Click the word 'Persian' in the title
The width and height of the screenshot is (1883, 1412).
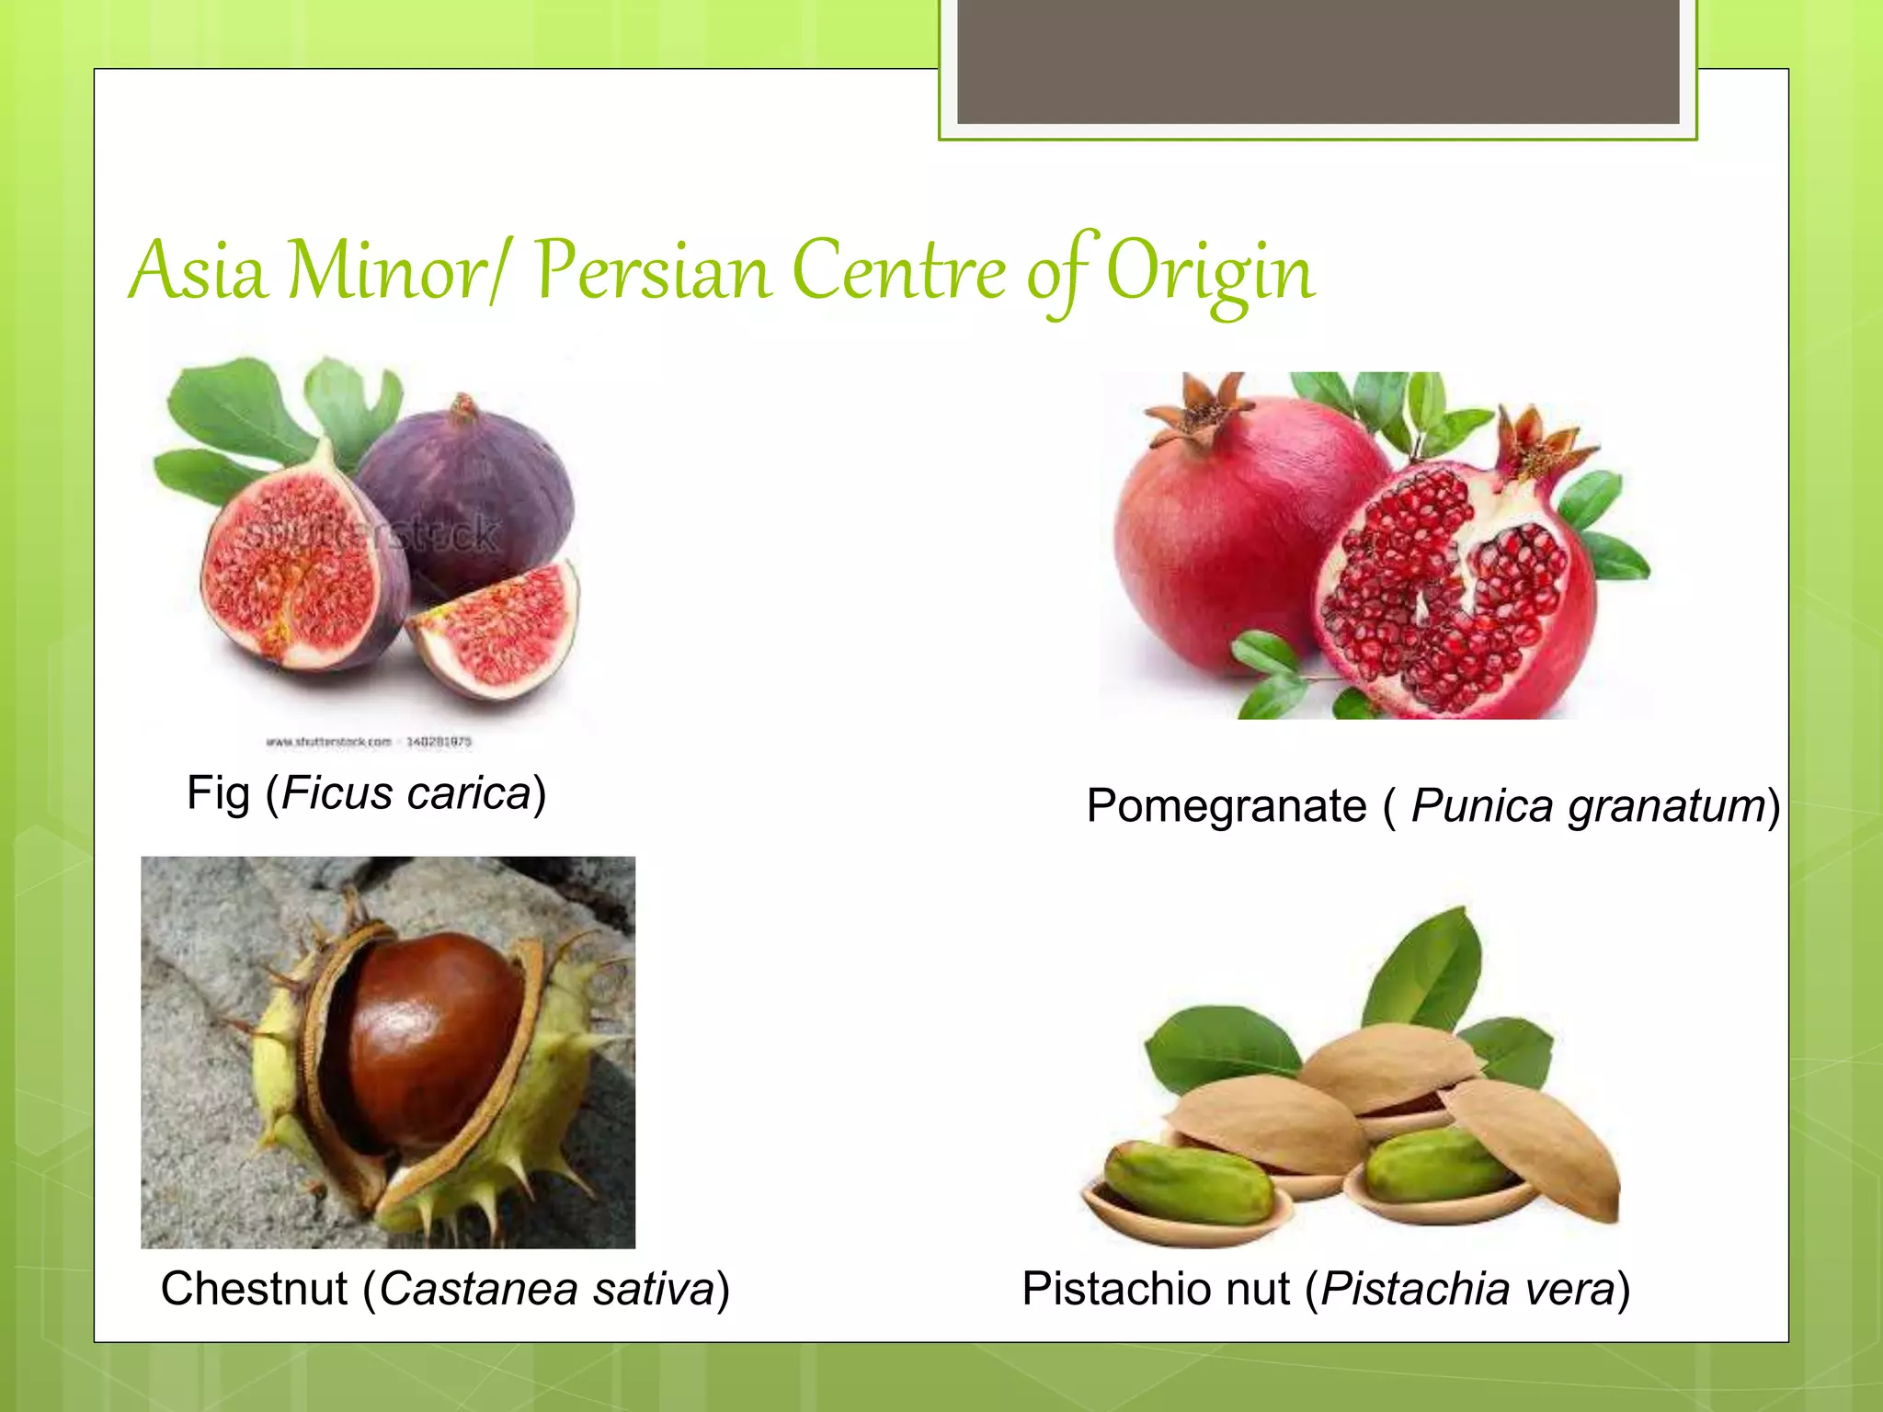click(x=653, y=272)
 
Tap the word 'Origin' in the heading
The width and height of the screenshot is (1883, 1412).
click(x=1210, y=272)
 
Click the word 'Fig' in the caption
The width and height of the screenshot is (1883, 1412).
click(x=218, y=792)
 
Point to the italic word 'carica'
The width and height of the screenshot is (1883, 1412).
click(x=469, y=793)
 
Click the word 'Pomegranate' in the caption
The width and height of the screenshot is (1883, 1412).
click(x=1226, y=806)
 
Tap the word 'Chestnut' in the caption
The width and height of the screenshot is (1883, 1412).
click(x=255, y=1288)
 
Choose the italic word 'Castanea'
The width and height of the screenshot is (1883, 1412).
click(x=479, y=1288)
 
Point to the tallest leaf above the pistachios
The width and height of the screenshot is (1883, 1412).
click(x=1425, y=965)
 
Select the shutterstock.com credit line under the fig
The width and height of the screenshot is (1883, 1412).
click(x=368, y=741)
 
